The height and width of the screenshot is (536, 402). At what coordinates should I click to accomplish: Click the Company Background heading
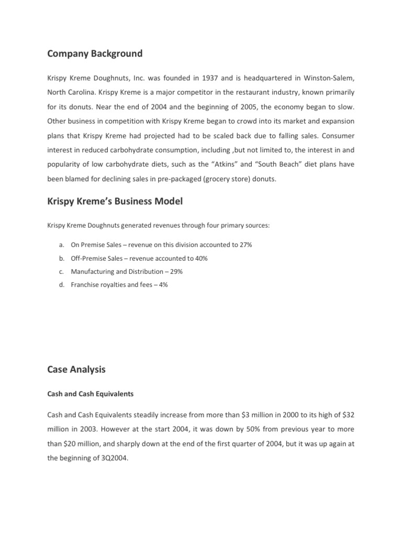[x=95, y=53]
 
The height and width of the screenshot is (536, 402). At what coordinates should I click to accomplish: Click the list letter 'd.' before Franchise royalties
[x=61, y=285]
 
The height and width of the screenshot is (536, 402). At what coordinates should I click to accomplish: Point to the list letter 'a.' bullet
[x=61, y=245]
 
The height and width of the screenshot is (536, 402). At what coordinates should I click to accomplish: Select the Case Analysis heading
[x=76, y=370]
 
